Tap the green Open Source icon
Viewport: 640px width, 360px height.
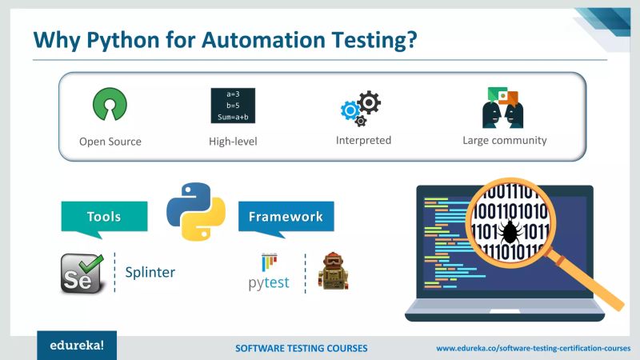tap(110, 105)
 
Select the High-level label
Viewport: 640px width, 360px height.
tap(233, 142)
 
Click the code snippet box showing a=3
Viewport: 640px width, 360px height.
tap(233, 106)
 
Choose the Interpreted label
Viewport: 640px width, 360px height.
tap(363, 140)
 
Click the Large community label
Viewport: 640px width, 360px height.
tap(504, 140)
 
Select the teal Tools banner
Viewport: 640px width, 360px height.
tap(105, 217)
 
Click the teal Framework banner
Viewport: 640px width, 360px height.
tap(286, 217)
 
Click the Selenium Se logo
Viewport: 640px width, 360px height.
tap(83, 273)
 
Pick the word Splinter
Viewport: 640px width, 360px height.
tap(150, 273)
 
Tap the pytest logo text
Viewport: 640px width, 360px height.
tap(268, 282)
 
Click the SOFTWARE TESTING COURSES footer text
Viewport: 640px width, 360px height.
tap(302, 349)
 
